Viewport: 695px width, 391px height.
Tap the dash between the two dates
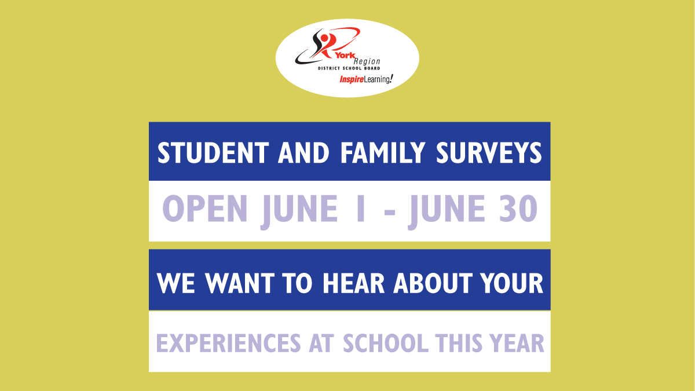click(x=390, y=212)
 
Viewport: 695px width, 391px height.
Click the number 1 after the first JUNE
click(x=360, y=209)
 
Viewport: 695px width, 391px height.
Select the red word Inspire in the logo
click(x=351, y=79)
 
